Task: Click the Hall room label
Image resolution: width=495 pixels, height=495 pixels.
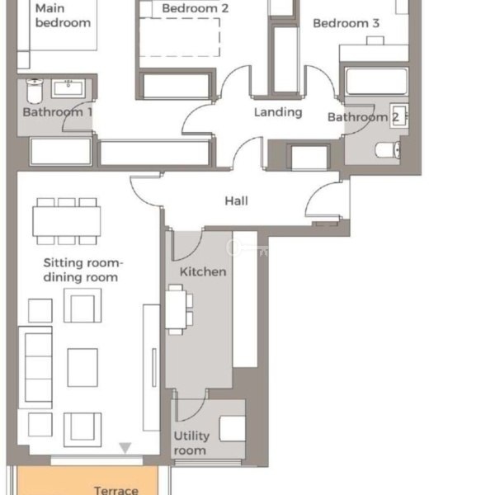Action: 236,200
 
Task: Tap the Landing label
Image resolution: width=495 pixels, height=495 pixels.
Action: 278,112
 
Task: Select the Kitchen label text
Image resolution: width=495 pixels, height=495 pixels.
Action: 203,271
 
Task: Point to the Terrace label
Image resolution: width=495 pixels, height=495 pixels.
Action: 116,490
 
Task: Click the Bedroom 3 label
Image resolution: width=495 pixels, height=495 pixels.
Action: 346,23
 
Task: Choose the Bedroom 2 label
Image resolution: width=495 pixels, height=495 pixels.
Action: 195,8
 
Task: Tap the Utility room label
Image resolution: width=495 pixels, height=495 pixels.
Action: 191,443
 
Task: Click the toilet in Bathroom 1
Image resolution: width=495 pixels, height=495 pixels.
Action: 35,91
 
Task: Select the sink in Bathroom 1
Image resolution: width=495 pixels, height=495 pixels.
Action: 68,88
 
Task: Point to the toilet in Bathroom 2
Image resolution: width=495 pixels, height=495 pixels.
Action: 388,150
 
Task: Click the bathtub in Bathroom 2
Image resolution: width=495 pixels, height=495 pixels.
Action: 376,81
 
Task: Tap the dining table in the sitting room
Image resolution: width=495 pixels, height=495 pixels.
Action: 67,221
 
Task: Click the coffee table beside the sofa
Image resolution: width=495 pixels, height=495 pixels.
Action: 82,367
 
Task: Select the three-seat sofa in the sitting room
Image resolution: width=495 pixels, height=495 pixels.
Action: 35,368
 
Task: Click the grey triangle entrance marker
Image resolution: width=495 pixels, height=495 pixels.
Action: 125,448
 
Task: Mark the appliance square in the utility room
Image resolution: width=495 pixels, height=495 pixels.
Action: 233,428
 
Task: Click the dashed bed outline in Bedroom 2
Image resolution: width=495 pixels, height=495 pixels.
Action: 180,37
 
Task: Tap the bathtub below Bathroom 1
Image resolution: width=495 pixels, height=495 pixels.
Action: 61,151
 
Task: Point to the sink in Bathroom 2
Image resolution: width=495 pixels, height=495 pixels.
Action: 399,115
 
